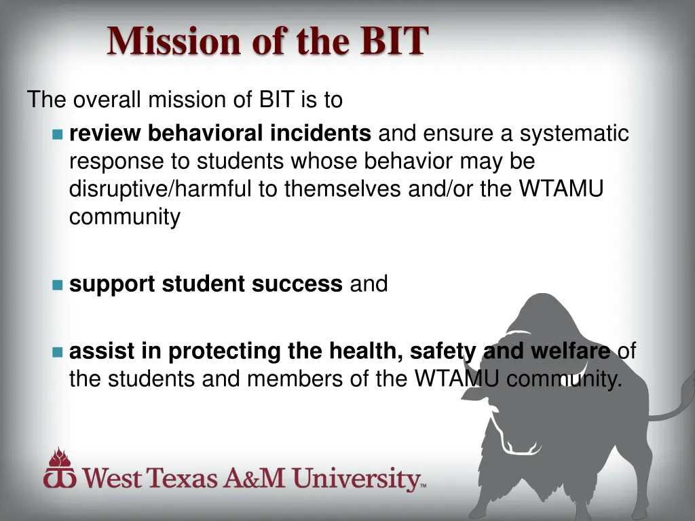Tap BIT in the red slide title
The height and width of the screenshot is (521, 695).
(x=394, y=41)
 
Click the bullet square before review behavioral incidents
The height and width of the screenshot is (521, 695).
(x=57, y=134)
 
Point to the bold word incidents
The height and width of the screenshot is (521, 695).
(x=320, y=134)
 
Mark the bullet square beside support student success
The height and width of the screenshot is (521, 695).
(x=57, y=284)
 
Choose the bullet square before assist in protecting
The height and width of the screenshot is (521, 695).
(x=57, y=352)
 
